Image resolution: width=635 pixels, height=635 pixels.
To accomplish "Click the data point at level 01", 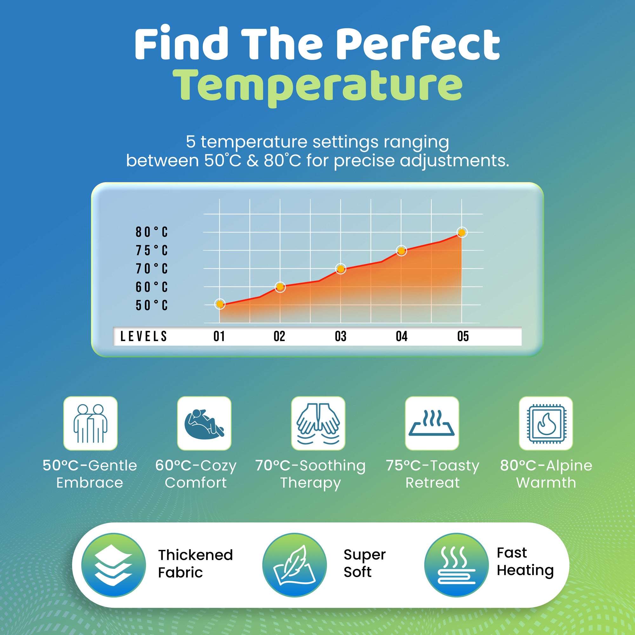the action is pos(220,304).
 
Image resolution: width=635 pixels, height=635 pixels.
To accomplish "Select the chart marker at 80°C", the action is pos(461,233).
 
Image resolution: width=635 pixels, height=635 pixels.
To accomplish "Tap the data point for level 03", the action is pos(340,269).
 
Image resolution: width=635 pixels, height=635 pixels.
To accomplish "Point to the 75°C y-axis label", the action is pos(152,251).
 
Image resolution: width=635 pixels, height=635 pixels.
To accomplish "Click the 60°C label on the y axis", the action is pos(152,287).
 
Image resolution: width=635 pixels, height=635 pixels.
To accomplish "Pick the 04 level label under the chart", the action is pos(402,336).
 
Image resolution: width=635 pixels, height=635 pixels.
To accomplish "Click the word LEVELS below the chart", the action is pos(144,336).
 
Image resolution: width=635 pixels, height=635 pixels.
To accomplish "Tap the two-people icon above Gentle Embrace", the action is pos(90,423).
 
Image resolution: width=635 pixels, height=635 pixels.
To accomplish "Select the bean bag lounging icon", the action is pos(204,423).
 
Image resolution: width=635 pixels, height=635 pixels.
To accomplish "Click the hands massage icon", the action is pos(318,423).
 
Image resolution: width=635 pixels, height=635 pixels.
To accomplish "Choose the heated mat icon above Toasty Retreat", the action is pos(432,423).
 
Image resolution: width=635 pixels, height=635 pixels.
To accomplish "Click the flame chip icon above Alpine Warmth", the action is pos(545,423).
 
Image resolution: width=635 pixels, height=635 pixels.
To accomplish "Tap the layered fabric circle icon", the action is pos(113,565).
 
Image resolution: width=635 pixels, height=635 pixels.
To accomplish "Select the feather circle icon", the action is pos(295,565).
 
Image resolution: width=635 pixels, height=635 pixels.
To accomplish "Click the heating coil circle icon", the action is pos(456,565).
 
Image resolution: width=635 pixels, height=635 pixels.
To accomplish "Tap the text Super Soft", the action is pos(364,563).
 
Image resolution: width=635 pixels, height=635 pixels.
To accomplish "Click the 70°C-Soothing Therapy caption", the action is pos(310,474).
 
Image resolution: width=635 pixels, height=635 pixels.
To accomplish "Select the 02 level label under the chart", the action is pos(279,336).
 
